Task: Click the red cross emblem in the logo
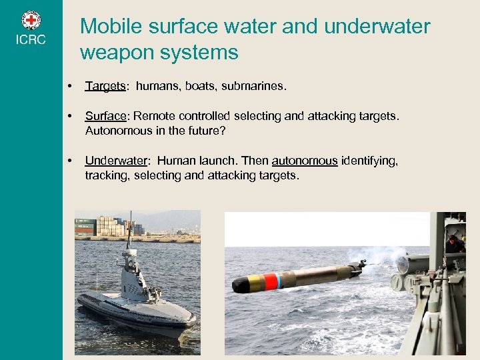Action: point(31,20)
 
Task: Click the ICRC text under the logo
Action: point(31,40)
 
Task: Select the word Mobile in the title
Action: point(107,27)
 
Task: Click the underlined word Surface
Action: point(105,117)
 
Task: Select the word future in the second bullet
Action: point(204,131)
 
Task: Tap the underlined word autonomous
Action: point(305,161)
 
